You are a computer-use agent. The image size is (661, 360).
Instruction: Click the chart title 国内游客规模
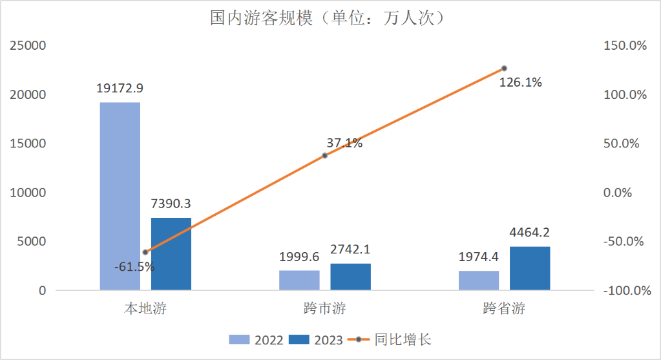[x=330, y=17]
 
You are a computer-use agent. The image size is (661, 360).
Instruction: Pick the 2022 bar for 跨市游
[x=299, y=280]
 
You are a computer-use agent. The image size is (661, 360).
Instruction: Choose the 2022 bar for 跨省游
[x=479, y=280]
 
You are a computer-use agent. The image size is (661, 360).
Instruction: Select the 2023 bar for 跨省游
[x=530, y=268]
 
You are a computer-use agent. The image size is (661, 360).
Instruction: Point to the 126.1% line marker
[x=504, y=69]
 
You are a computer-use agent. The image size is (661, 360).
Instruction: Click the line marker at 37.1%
[x=324, y=156]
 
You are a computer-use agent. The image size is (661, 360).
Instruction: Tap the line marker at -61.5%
[x=145, y=252]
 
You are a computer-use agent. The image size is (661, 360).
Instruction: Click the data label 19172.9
[x=120, y=89]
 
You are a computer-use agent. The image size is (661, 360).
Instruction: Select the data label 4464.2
[x=530, y=233]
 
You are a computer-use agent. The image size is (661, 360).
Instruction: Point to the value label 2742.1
[x=350, y=249]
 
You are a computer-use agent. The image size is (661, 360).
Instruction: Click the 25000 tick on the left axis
[x=27, y=46]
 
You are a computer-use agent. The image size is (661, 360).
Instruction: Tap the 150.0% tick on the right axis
[x=624, y=46]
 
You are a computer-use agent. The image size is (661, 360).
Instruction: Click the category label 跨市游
[x=324, y=309]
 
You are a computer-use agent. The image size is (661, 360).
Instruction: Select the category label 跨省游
[x=504, y=309]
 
